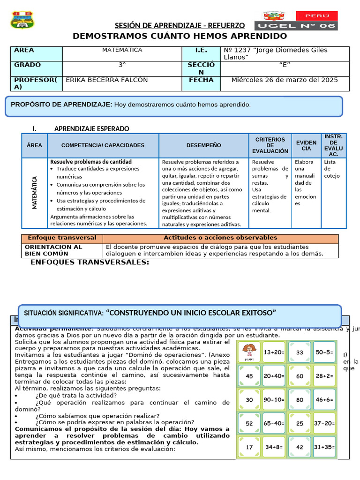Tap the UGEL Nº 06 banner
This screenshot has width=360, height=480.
pyautogui.click(x=296, y=26)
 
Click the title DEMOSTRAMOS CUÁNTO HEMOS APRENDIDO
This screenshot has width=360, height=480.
pyautogui.click(x=180, y=37)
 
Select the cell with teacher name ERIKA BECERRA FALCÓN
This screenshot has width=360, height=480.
pyautogui.click(x=107, y=80)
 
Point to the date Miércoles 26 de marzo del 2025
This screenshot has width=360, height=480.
pyautogui.click(x=285, y=80)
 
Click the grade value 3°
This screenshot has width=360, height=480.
pyautogui.click(x=122, y=65)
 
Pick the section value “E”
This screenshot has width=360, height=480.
pyautogui.click(x=285, y=65)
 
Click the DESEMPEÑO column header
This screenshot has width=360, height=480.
pyautogui.click(x=203, y=145)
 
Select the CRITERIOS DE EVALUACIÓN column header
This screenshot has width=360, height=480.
pyautogui.click(x=270, y=145)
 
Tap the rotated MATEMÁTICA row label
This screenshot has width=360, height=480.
pyautogui.click(x=35, y=193)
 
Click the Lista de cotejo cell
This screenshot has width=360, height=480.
pyautogui.click(x=333, y=169)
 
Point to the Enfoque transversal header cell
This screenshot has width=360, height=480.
pyautogui.click(x=62, y=238)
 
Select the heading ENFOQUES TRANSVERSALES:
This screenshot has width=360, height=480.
pyautogui.click(x=90, y=262)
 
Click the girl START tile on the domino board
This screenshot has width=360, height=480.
pyautogui.click(x=249, y=352)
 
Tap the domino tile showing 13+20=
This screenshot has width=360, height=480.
pyautogui.click(x=274, y=352)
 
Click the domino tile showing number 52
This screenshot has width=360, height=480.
pyautogui.click(x=249, y=423)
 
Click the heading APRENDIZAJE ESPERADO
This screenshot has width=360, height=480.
pyautogui.click(x=92, y=129)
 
